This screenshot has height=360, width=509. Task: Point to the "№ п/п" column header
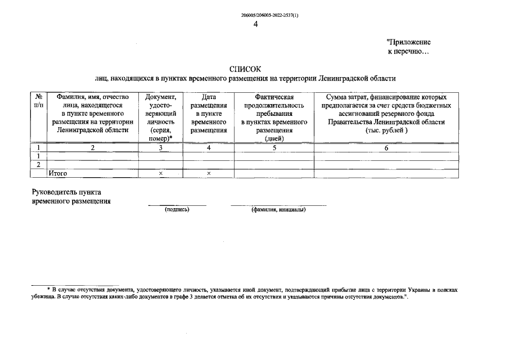(38, 101)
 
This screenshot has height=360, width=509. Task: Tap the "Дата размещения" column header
(209, 113)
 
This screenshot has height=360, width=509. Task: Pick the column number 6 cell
(386, 148)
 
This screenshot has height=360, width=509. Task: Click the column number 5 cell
(274, 148)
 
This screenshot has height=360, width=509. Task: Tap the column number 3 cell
(160, 148)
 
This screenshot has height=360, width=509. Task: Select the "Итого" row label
(58, 174)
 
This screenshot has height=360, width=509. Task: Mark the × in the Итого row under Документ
(160, 174)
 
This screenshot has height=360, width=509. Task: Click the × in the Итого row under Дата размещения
(209, 174)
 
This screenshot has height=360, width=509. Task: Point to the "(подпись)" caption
(177, 210)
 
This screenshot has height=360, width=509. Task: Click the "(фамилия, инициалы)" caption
(278, 210)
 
